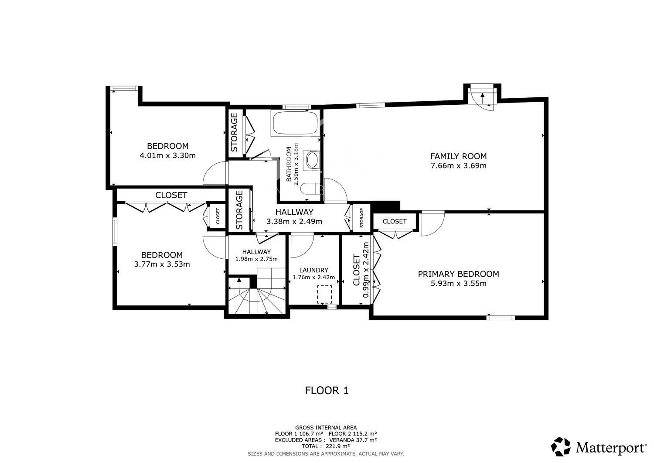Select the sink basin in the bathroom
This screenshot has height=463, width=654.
312,160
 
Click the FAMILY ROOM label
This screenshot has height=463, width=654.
458,156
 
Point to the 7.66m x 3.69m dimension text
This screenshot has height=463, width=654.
458,166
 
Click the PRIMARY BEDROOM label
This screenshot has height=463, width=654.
458,274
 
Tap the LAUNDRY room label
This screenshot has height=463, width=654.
313,270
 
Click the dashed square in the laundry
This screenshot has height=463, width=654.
324,294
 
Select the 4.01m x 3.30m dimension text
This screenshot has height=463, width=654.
167,155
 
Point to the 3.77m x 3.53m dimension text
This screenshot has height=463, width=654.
162,264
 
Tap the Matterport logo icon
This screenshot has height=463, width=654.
561,446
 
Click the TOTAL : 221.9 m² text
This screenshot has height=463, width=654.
326,446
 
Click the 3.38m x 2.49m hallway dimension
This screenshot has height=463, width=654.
294,222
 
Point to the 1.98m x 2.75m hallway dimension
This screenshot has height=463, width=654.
256,259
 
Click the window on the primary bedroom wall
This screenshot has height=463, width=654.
500,317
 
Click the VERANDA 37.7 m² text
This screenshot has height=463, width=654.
353,439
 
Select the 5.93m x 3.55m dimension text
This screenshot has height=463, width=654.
458,283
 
